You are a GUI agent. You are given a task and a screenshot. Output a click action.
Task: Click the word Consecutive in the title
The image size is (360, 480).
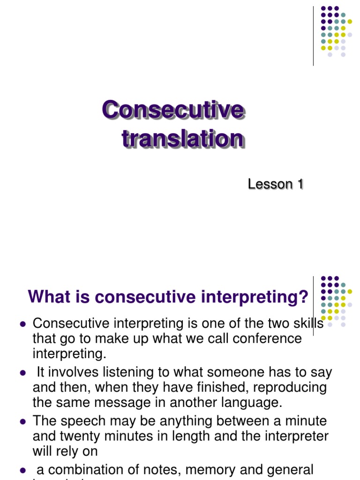click(173, 111)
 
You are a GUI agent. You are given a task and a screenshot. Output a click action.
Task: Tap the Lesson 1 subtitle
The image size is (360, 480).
click(275, 184)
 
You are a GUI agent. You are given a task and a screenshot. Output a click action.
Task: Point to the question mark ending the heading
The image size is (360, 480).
click(304, 297)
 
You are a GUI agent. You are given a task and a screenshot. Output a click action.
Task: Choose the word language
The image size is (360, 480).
click(247, 403)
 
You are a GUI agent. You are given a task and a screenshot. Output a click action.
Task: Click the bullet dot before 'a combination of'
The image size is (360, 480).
click(22, 470)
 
